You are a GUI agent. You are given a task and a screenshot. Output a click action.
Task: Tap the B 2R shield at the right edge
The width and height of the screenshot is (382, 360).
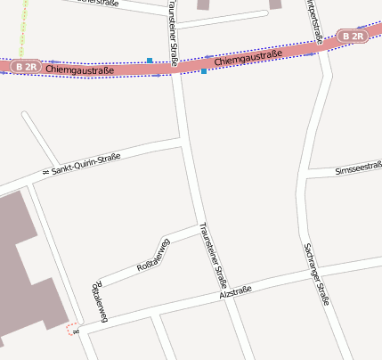click(x=353, y=37)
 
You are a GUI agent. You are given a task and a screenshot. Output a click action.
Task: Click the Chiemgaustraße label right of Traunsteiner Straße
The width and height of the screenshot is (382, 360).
click(x=248, y=58)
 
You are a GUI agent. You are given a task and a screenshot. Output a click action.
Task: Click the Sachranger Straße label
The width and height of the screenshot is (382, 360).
click(x=317, y=274)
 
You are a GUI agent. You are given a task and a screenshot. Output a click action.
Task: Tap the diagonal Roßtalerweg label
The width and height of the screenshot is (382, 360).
click(x=152, y=254)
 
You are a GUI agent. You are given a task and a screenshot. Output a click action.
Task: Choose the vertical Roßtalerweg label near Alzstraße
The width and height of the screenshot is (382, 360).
click(x=99, y=302)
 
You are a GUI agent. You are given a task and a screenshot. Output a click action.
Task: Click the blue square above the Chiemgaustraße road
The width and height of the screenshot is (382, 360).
click(x=150, y=61)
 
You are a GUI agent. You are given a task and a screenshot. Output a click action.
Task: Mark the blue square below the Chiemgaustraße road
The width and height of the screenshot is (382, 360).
click(x=204, y=70)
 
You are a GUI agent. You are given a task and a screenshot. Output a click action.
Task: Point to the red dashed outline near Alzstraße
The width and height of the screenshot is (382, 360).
click(x=72, y=329)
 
